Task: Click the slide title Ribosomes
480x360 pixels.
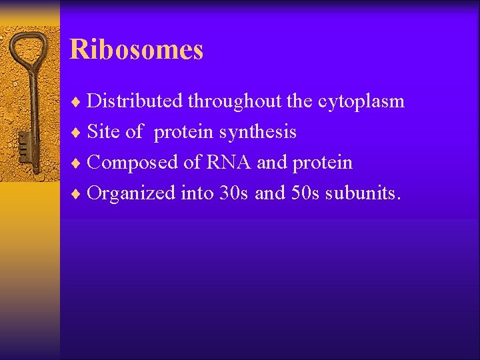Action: tap(136, 50)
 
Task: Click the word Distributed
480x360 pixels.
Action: tap(135, 101)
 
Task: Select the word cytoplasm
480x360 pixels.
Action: tap(361, 102)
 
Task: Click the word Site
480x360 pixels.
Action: tap(103, 132)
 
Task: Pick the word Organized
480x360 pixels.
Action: tap(131, 193)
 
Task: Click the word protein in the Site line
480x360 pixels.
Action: tap(184, 133)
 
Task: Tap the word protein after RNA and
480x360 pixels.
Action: tap(322, 163)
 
